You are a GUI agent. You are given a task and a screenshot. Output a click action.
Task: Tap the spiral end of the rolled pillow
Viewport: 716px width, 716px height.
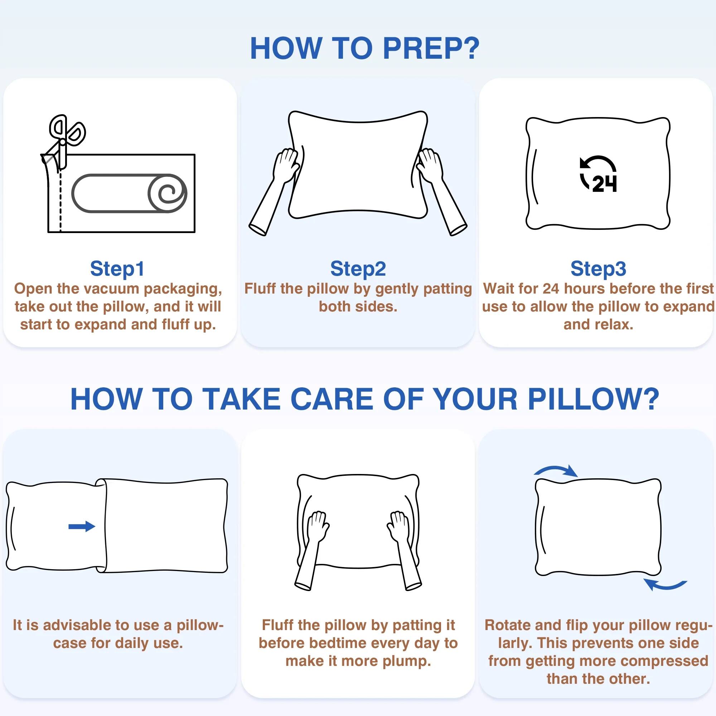point(168,193)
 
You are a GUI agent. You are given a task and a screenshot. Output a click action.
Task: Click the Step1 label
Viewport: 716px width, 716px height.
point(117,269)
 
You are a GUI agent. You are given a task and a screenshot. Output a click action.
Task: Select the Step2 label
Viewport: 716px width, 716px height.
point(358,269)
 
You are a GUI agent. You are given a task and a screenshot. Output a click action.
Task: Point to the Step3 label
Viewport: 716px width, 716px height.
point(598,269)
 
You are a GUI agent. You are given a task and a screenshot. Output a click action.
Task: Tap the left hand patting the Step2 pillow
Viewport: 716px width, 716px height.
point(286,165)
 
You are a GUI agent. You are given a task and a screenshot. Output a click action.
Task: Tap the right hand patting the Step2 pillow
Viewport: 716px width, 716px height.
point(430,165)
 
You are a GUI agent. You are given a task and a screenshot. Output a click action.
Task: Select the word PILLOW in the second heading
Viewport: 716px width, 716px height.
point(593,400)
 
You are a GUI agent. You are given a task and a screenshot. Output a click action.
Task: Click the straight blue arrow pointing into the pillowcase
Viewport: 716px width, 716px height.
point(82,526)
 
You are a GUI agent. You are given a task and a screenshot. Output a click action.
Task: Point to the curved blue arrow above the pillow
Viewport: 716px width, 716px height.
point(556,471)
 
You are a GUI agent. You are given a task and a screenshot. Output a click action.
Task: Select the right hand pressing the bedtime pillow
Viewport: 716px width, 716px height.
point(399,526)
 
